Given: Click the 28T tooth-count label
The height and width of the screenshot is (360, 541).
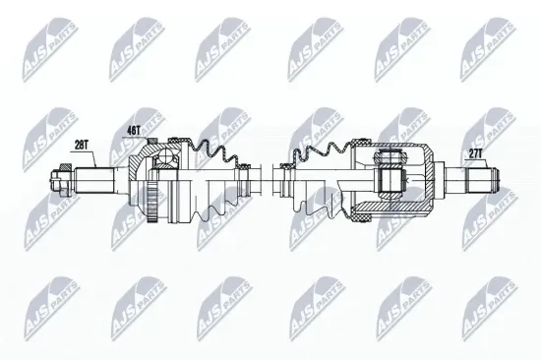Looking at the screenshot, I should [82, 145].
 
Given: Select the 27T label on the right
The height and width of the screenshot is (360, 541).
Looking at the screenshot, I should [476, 154].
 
